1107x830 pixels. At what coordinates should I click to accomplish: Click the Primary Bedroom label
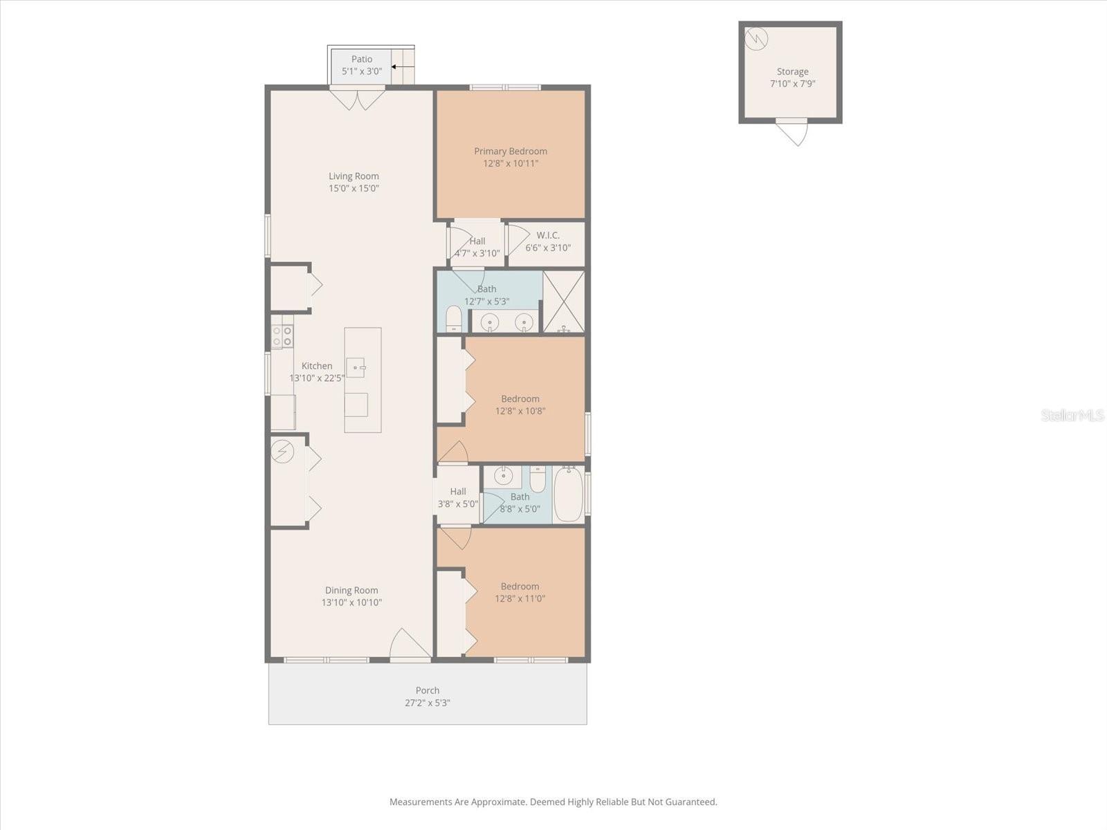pos(511,151)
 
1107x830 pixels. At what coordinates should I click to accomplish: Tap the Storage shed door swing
pos(792,133)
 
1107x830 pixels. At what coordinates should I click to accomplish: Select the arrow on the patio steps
pos(403,66)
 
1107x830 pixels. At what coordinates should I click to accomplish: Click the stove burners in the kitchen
pos(282,337)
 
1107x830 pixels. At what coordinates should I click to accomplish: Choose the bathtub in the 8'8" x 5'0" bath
pos(569,495)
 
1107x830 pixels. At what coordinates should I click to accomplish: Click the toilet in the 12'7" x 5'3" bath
pos(454,318)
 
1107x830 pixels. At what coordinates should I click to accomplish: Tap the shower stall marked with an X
pos(564,302)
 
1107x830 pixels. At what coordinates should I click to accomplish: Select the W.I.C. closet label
pos(548,235)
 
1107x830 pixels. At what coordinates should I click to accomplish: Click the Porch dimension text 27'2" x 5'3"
pos(427,703)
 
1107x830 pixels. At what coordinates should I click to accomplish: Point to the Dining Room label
pos(351,590)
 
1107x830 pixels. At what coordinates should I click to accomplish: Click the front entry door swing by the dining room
pos(410,643)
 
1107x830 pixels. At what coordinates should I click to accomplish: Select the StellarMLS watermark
pos(1072,415)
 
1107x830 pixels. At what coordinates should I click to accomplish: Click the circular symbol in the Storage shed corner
pos(756,39)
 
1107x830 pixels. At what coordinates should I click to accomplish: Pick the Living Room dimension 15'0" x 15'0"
pos(354,188)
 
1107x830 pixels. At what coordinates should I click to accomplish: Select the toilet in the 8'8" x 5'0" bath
pos(538,479)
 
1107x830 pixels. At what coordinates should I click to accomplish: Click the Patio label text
pos(362,59)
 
